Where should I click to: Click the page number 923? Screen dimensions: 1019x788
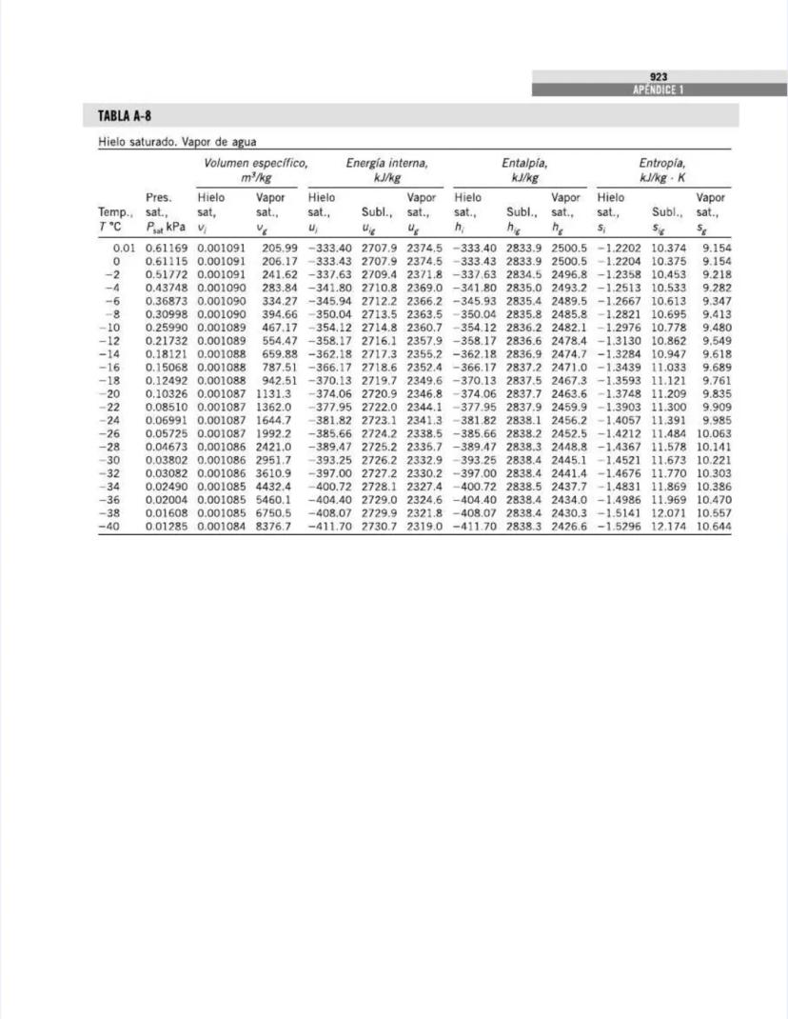point(659,77)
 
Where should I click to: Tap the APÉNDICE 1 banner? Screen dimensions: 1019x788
point(659,90)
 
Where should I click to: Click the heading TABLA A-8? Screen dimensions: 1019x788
point(125,116)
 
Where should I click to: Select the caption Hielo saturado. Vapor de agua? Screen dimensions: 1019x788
point(177,142)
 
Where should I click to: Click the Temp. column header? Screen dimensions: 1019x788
point(115,210)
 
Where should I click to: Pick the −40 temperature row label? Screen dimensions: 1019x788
point(110,526)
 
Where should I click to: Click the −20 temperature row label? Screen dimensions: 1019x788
point(110,393)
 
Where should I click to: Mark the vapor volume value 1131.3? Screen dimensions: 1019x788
point(273,393)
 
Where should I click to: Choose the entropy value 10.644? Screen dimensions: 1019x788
point(714,526)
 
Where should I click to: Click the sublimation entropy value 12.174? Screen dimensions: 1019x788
point(668,526)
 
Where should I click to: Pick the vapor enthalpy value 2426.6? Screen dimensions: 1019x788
point(569,526)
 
